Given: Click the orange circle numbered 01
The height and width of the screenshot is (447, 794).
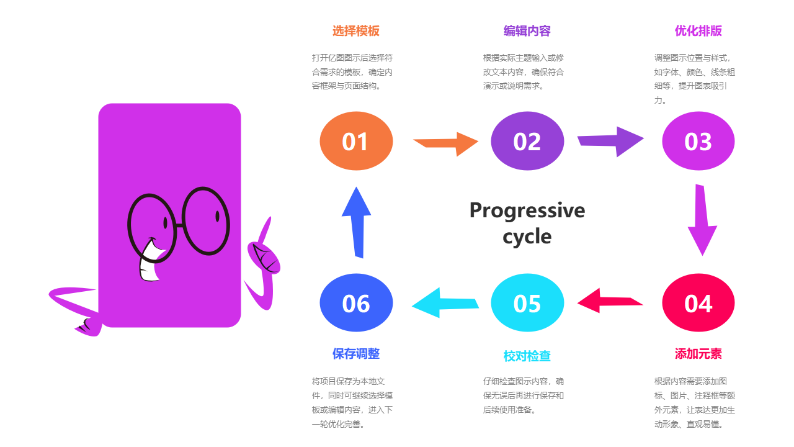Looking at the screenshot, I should pos(356,141).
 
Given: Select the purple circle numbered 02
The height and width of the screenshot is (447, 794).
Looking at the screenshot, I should pos(527,141).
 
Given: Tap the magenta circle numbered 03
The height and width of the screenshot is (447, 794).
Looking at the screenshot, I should pos(698,141).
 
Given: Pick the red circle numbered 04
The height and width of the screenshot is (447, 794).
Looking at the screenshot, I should pos(698,303).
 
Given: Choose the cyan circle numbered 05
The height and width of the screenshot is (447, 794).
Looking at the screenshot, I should pos(527,303).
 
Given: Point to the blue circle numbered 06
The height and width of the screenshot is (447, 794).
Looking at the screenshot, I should pos(356,303).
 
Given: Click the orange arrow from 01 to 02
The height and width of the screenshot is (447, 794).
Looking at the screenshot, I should pos(447,143).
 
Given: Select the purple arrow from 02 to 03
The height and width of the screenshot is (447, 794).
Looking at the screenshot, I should pos(611,141).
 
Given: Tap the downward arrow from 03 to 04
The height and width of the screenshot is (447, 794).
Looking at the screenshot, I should pos(702,220).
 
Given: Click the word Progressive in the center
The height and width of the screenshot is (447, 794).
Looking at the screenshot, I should pos(527,210).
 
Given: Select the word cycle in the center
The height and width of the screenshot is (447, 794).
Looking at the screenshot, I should pos(527,237).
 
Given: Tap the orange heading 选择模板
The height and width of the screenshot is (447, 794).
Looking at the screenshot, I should pos(356,31).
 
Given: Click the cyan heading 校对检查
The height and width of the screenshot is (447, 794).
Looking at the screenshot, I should pos(527,356).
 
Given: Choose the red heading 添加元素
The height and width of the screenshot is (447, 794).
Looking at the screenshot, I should pos(698,354).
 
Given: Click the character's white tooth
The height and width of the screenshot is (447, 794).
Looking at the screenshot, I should pos(150,263).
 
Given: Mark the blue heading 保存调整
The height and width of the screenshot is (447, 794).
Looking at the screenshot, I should pos(356,354).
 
